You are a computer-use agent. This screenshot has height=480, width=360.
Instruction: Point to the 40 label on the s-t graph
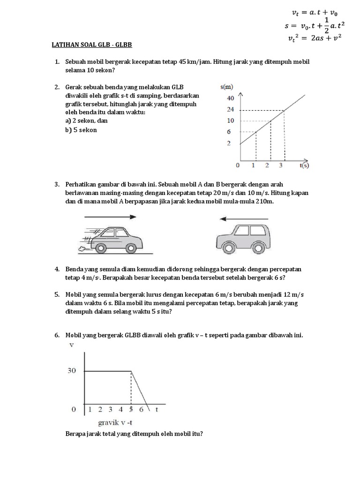tap(230, 98)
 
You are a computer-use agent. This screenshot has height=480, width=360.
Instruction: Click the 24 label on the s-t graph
tap(230, 110)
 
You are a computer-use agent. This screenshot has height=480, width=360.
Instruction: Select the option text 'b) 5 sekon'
tap(81, 130)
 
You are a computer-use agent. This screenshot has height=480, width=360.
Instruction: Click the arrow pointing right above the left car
tap(110, 217)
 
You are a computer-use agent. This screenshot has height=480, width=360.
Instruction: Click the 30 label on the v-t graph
tap(71, 371)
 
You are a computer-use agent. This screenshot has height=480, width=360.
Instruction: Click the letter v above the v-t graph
tap(72, 346)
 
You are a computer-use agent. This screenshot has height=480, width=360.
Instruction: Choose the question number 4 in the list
tap(57, 269)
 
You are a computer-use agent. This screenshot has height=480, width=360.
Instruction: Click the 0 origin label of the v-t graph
tap(74, 409)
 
